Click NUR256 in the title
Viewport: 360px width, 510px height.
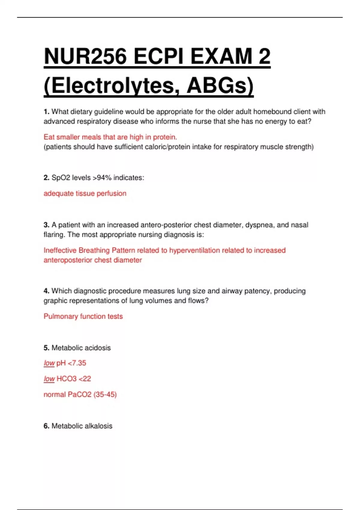tap(85, 57)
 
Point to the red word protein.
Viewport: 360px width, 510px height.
tap(165, 137)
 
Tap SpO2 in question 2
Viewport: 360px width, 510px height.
tap(60, 178)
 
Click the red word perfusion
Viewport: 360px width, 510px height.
tap(111, 193)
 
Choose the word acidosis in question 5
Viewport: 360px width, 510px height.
tap(97, 348)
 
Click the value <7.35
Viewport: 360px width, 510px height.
tap(77, 363)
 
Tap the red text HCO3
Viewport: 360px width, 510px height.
tap(66, 379)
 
